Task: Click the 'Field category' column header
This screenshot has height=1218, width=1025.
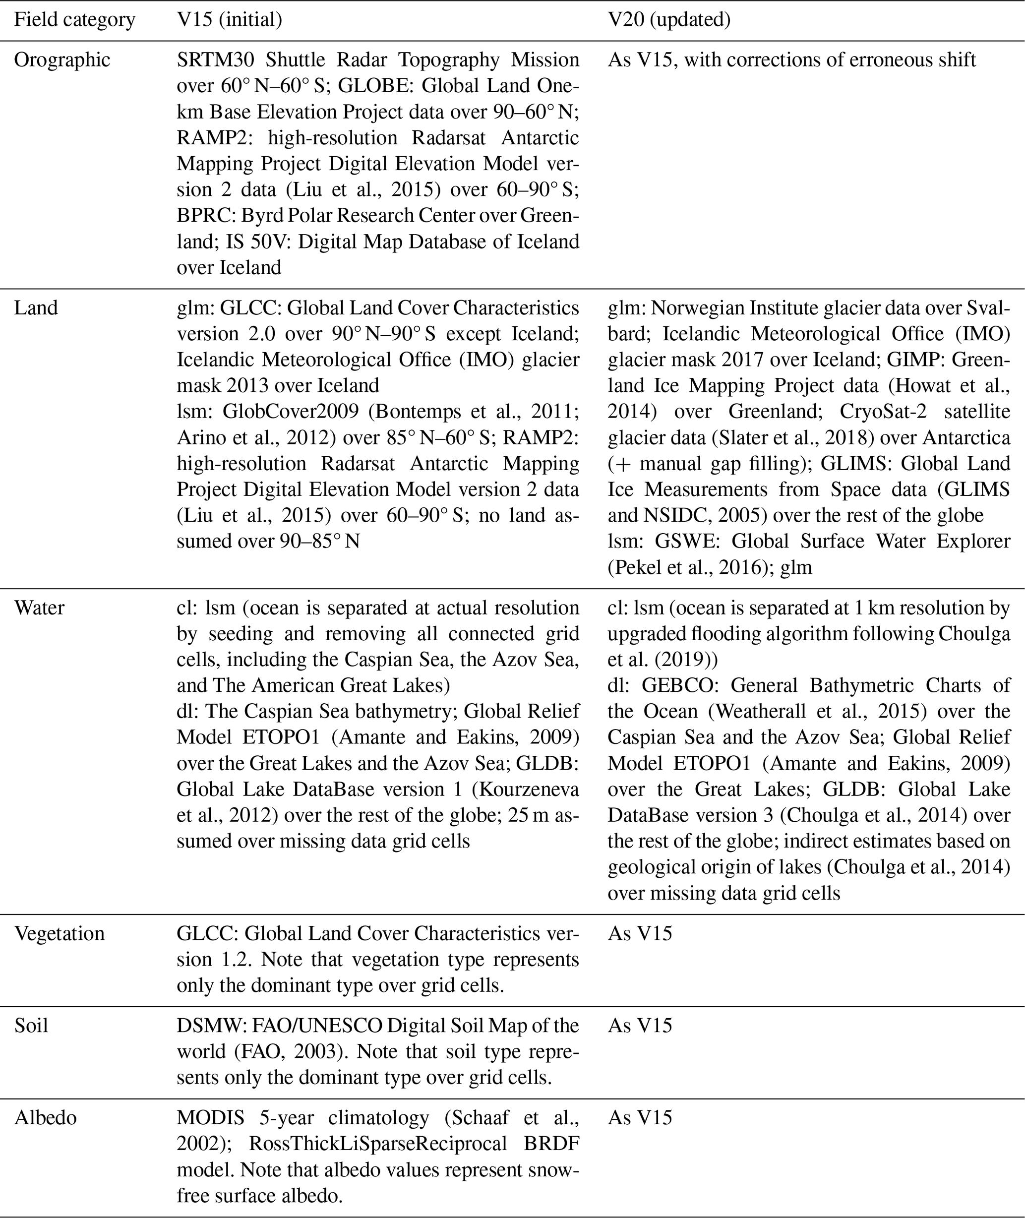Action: point(74,20)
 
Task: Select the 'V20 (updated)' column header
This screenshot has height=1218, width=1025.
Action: point(669,20)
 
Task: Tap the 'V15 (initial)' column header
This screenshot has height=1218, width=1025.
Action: point(230,20)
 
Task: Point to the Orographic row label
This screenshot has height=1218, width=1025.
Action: point(62,60)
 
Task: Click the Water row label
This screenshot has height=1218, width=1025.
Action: point(39,608)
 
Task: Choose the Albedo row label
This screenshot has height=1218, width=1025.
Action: point(45,1117)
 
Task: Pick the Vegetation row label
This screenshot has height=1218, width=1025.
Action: point(60,933)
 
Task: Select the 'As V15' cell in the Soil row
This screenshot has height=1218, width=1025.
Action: point(640,1025)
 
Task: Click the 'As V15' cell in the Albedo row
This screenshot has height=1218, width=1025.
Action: point(640,1117)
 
